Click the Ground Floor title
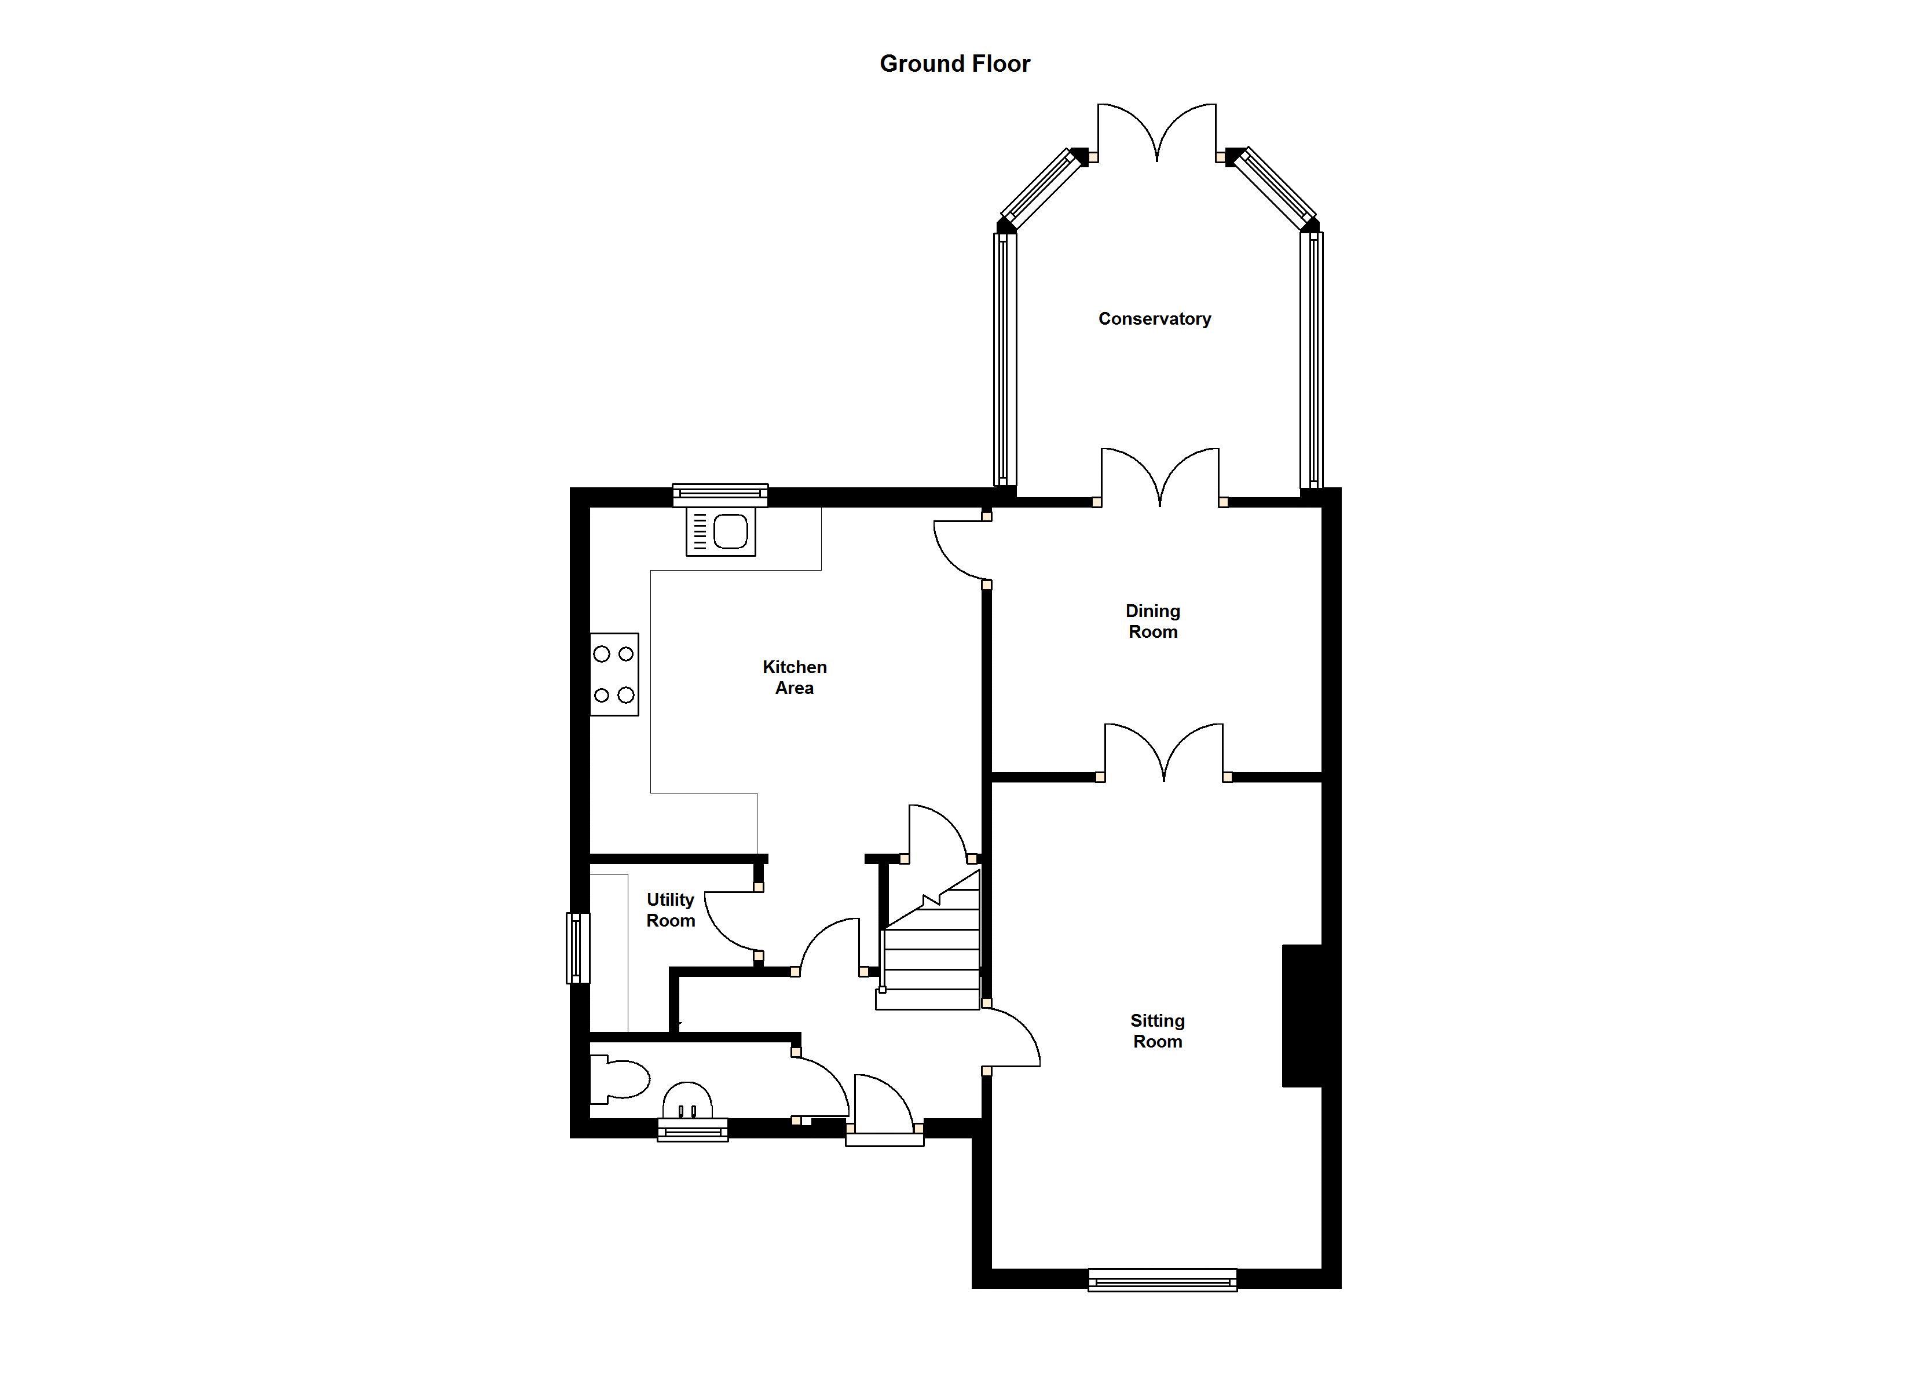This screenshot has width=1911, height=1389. coord(955,64)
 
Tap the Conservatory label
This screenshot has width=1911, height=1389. coord(1154,318)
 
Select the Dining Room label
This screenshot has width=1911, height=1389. coord(1152,621)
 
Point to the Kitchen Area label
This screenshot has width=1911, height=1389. coord(795,677)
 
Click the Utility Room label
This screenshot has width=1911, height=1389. coord(671,910)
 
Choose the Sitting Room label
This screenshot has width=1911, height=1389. coord(1158,1031)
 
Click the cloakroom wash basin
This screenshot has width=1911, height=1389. coord(687,1101)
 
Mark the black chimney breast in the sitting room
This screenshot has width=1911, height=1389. coord(1302,1016)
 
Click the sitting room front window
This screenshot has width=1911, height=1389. coord(1163,1280)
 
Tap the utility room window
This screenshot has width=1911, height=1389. coord(578,949)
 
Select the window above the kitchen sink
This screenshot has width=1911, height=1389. coord(720,495)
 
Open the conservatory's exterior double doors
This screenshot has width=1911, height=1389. coord(1157,131)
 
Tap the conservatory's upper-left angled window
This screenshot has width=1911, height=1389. coord(1041,189)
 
